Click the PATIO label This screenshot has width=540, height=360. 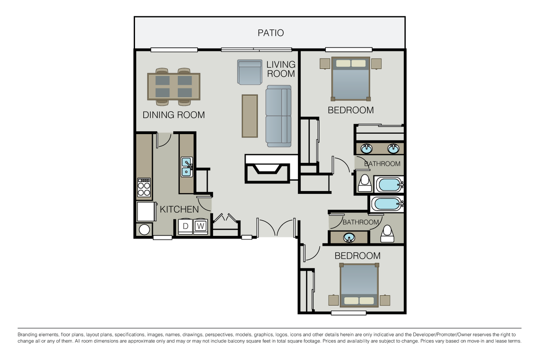(270, 33)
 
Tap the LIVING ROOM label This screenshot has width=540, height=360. (281, 69)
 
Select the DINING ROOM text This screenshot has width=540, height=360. (174, 115)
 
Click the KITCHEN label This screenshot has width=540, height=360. (179, 209)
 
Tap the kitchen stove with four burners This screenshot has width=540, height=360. (144, 188)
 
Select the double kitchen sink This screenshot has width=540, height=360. (187, 167)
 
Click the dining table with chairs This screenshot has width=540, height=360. (173, 87)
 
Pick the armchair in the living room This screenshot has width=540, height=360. (250, 72)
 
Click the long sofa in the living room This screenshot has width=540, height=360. (278, 116)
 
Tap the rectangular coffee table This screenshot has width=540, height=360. (250, 116)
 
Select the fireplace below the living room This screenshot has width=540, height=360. (267, 169)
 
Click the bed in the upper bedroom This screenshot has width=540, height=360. (351, 79)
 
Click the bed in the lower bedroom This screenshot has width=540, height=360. (359, 285)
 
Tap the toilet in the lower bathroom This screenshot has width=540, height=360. (387, 234)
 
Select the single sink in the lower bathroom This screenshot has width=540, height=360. (349, 238)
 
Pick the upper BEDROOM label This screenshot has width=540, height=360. (351, 110)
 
